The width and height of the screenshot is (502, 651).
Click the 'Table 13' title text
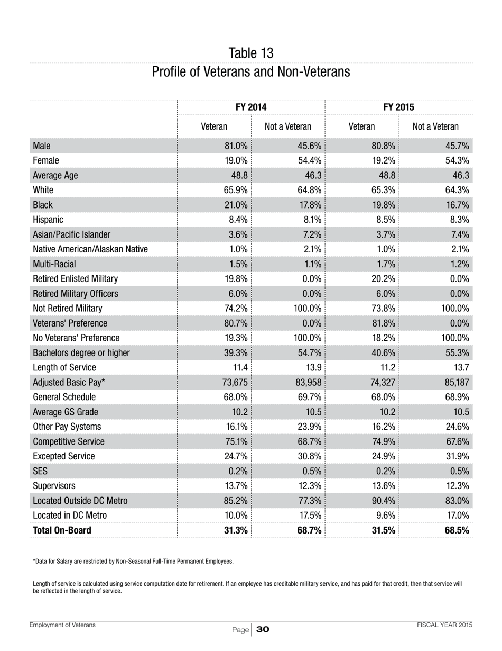251,53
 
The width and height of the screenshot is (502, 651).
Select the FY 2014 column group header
251,107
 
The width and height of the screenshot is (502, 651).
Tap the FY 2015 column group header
398,107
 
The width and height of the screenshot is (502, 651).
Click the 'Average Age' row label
55,175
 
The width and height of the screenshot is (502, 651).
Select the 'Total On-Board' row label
62,530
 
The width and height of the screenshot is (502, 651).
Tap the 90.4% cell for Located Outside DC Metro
383,501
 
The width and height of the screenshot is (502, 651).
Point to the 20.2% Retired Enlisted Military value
383,279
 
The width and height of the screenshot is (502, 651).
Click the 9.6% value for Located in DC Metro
385,516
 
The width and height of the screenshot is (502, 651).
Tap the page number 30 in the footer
263,629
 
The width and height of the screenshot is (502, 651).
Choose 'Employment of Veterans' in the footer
62,625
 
